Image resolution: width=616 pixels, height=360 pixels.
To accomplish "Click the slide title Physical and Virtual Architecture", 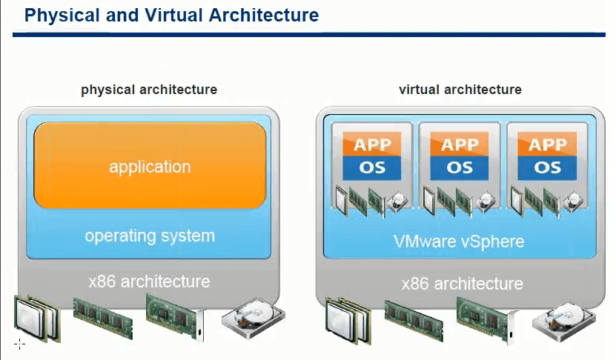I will pyautogui.click(x=171, y=15).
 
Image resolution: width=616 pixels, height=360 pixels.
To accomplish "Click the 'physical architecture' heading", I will pyautogui.click(x=149, y=90).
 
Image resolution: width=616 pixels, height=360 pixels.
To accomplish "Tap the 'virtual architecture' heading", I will pyautogui.click(x=460, y=90).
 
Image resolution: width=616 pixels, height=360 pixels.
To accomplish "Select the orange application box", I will pyautogui.click(x=150, y=166).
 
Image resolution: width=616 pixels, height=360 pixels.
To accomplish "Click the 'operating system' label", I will pyautogui.click(x=150, y=236).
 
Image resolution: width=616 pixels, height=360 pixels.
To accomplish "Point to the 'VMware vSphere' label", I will pyautogui.click(x=460, y=241).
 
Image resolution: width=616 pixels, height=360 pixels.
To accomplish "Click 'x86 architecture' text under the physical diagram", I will pyautogui.click(x=150, y=281).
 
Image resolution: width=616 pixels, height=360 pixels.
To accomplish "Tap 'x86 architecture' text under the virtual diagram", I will pyautogui.click(x=462, y=284).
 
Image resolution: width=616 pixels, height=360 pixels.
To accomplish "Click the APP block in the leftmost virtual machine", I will pyautogui.click(x=372, y=143).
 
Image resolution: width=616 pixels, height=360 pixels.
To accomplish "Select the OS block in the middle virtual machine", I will pyautogui.click(x=460, y=167).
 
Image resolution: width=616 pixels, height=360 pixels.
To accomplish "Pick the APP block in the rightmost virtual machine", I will pyautogui.click(x=547, y=143).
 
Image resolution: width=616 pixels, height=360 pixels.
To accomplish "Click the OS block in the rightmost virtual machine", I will pyautogui.click(x=547, y=167).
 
